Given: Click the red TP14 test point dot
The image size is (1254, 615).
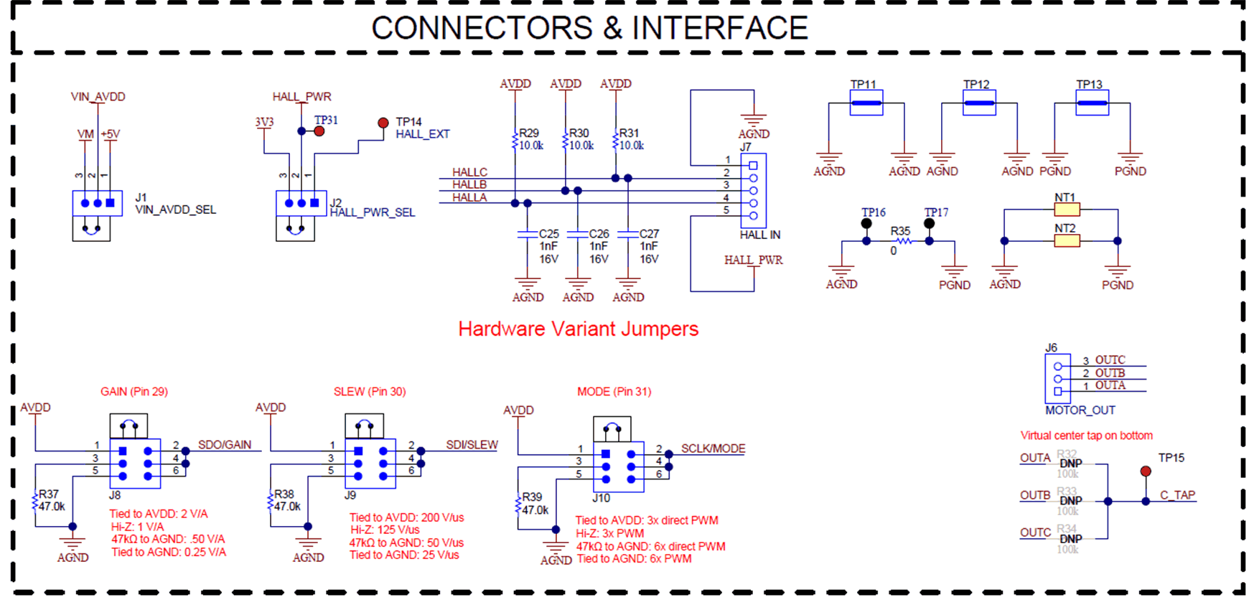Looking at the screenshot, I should pos(383,123).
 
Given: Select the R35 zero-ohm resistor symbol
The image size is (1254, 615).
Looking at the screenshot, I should pos(904,241).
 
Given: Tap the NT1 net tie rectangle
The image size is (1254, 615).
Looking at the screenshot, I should pos(1067,210).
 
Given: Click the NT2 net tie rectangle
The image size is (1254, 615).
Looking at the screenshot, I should pos(1067,241).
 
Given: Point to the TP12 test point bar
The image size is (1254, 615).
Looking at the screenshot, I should pos(979,103).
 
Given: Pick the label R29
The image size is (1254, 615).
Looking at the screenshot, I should pos(529,133).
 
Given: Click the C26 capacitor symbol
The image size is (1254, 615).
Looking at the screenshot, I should pos(578,234).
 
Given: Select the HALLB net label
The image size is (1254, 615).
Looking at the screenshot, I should pos(469,185).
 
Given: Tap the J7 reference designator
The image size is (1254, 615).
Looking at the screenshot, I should pos(746,147).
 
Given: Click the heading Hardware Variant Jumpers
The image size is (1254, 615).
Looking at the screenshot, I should pos(578,329).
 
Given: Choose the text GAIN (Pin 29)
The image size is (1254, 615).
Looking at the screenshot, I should pos(134,392).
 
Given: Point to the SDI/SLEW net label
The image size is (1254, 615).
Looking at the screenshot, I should pos(472,445).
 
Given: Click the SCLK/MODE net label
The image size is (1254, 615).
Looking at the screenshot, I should pos(713,449).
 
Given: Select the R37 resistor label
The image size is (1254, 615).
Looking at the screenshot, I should pos(49,494).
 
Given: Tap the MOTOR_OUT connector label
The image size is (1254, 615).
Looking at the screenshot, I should pos(1080,410).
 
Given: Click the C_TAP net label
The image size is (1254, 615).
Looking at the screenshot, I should pos(1177,495).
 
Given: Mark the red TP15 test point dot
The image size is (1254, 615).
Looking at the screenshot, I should pos(1146,471).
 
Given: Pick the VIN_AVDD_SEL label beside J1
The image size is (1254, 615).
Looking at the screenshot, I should pos(175,210).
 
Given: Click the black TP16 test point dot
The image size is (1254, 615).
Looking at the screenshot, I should pos(866,224).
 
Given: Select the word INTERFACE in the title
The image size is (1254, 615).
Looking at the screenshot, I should pos(719,29).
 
